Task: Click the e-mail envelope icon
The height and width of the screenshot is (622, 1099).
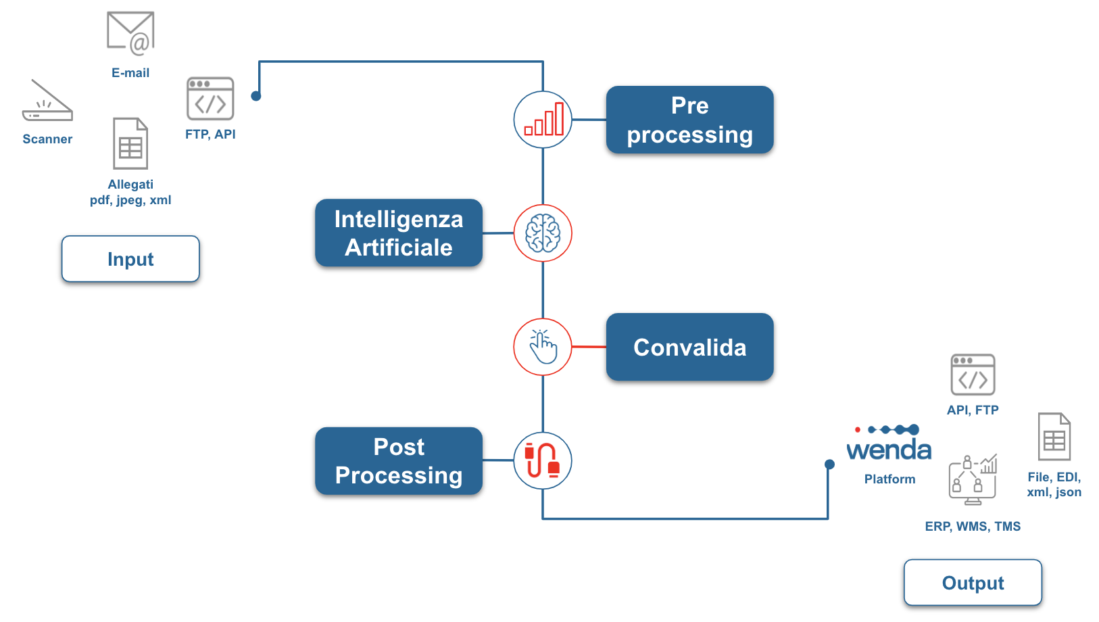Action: (x=130, y=33)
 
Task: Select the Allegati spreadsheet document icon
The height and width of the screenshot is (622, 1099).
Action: (x=130, y=143)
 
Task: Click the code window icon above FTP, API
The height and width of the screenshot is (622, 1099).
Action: (x=210, y=98)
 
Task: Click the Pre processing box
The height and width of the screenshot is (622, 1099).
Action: (x=690, y=120)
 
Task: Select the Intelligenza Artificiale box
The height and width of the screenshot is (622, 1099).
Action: (x=398, y=233)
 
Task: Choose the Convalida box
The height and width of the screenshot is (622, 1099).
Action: (x=690, y=347)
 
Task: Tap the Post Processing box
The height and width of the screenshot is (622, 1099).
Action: (x=398, y=460)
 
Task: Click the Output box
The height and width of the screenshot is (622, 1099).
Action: (x=973, y=582)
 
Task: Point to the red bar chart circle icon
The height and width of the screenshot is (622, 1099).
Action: (x=543, y=119)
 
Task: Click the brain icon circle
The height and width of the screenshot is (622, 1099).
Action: (x=543, y=233)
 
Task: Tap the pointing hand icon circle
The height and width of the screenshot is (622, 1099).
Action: (x=543, y=347)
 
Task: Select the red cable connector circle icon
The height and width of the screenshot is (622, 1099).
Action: (x=543, y=460)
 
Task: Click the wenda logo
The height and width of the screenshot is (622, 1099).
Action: (x=889, y=443)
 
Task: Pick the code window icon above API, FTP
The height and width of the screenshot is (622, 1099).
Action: (x=973, y=375)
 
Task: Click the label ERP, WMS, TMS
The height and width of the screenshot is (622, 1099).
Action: (x=973, y=526)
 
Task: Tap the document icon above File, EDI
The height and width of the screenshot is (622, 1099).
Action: (x=1054, y=437)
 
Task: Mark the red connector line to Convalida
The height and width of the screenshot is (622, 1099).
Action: (x=589, y=347)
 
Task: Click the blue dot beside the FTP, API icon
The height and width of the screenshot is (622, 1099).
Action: (x=255, y=96)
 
